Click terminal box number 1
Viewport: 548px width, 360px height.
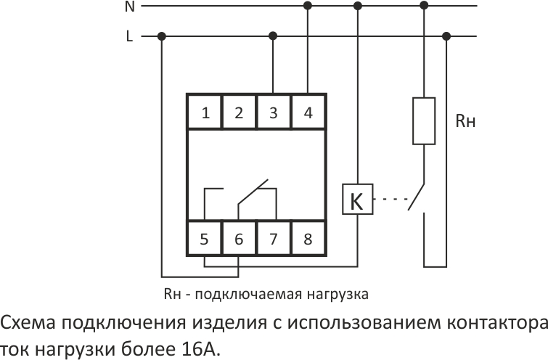205,112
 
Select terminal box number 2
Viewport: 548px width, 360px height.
239,112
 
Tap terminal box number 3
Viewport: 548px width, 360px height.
274,112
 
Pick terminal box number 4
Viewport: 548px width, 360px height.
308,112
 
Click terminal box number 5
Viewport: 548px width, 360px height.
205,238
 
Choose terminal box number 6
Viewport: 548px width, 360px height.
239,238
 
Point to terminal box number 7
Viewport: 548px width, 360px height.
274,238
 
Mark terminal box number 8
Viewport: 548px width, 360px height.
308,238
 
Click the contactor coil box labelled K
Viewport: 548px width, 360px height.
358,199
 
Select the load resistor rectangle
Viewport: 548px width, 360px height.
424,121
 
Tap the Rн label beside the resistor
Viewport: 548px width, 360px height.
465,121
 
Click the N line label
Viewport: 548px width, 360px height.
130,7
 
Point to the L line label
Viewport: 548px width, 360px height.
130,36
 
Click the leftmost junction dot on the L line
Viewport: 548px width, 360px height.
161,36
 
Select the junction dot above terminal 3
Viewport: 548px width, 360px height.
274,36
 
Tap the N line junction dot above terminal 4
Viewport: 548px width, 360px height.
308,6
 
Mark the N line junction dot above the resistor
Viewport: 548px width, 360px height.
424,6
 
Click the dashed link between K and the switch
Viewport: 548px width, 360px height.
390,199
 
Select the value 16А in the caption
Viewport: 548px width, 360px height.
201,349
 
